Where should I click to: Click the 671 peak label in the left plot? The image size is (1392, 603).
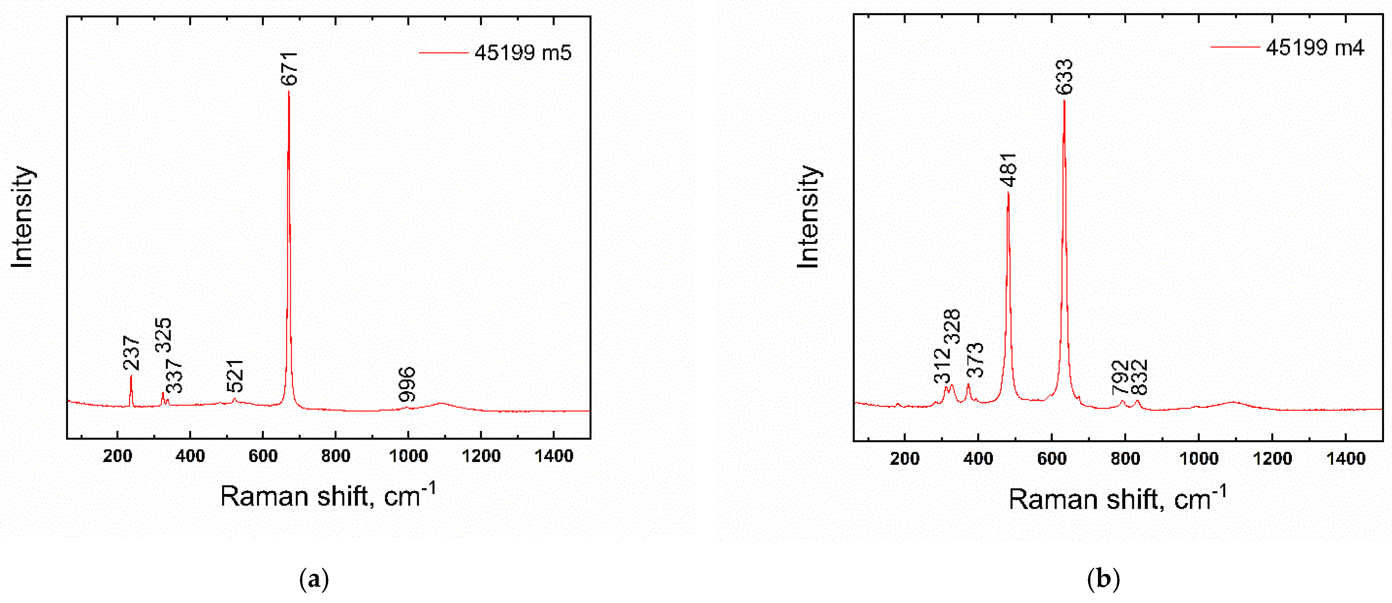pos(289,68)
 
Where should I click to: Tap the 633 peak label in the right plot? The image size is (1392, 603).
pos(1065,77)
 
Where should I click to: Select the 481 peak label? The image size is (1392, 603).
pos(1009,170)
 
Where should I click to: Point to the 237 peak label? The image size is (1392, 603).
pos(131,353)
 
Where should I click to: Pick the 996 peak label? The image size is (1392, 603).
pos(407,385)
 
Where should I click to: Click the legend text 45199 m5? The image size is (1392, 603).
pos(523,53)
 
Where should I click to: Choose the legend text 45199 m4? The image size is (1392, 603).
pos(1315,48)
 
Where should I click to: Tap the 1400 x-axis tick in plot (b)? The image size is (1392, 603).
pos(1346,459)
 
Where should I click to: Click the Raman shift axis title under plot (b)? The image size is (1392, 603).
pos(1117,499)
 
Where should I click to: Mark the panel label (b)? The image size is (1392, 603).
pos(1103,579)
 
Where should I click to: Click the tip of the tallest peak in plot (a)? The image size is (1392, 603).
pos(289,92)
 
